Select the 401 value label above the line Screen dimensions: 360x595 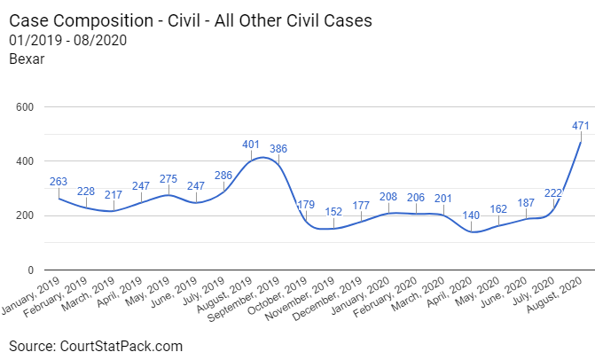tap(251, 145)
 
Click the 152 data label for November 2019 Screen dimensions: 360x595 tap(333, 212)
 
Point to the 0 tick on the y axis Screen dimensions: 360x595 tap(30, 270)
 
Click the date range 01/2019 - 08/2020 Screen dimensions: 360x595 tap(67, 40)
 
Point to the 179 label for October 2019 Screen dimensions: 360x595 tap(306, 205)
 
